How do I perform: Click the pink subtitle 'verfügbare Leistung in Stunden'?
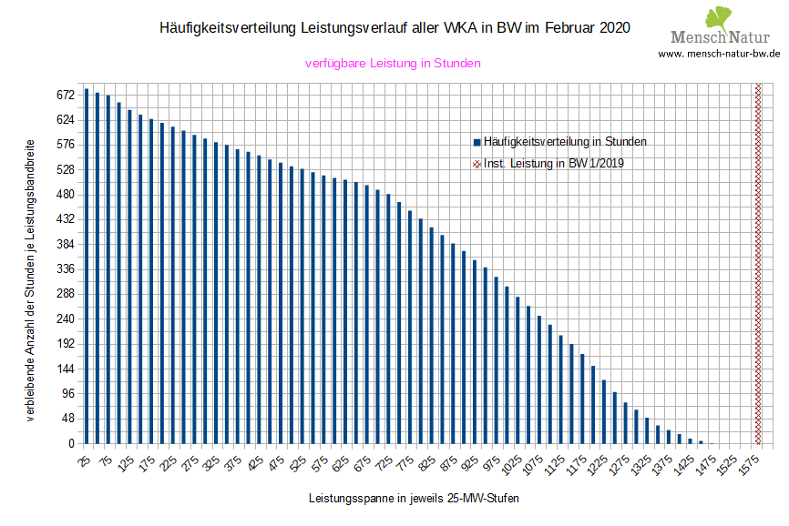[x=393, y=64]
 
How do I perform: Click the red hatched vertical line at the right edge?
[x=758, y=264]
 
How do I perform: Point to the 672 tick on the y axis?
[x=65, y=95]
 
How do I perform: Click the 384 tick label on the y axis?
[x=65, y=245]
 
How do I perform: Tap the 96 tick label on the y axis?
[x=67, y=394]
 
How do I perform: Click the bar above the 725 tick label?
[x=388, y=319]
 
